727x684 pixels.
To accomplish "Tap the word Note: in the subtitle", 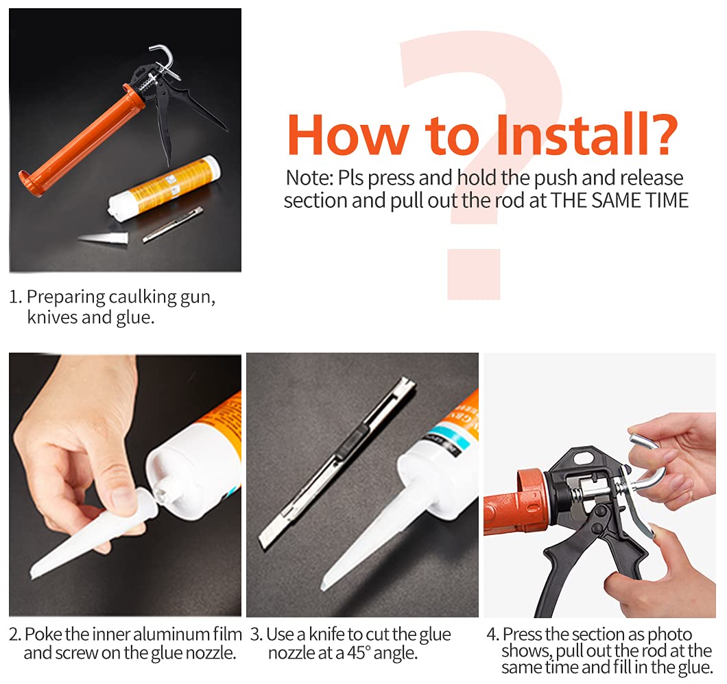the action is coord(309,178).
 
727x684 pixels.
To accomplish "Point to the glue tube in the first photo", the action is coord(164,185).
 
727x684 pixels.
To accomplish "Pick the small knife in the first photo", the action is coord(172,224).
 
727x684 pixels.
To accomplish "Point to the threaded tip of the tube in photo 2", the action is coord(163,489).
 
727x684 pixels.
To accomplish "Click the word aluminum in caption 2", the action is coord(171,634).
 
